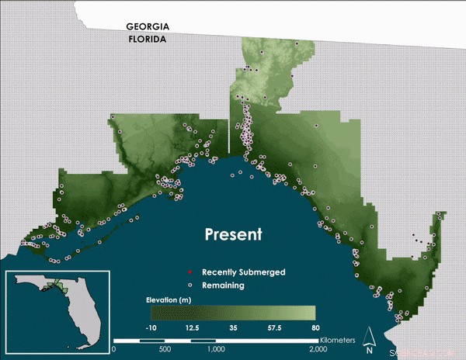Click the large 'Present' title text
coord(233,234)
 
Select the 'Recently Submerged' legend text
coord(243,272)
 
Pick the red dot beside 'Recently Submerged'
coord(190,272)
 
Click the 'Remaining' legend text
coord(224,286)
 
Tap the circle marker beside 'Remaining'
coord(190,286)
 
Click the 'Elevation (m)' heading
coord(169,299)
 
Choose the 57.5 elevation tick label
coord(273,328)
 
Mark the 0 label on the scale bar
coord(114,349)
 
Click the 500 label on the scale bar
coord(164,349)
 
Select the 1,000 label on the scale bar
coord(215,349)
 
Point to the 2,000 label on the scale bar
coord(315,349)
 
